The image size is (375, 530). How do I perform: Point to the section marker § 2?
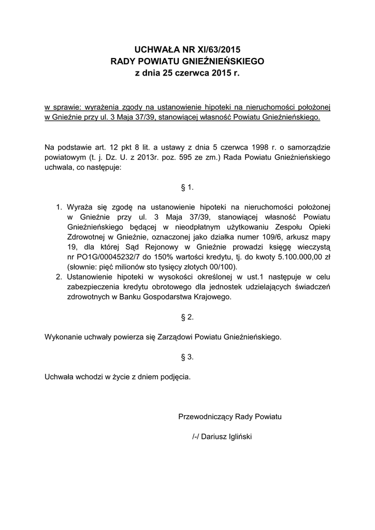tap(187, 317)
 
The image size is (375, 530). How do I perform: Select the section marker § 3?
tap(187, 357)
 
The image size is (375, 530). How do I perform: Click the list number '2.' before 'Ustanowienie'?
tap(59, 277)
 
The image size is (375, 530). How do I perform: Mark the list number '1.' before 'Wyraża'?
tap(59, 208)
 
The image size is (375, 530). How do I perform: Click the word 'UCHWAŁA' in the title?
tap(154, 50)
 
